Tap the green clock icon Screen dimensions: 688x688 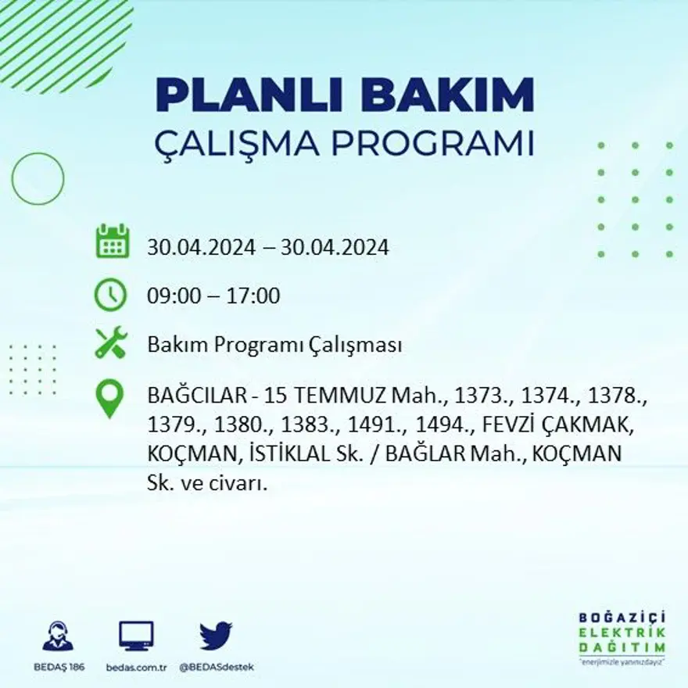pos(110,296)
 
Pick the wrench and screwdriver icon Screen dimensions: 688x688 pos(110,343)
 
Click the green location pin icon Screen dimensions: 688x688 pos(109,397)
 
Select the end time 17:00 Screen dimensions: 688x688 pos(253,296)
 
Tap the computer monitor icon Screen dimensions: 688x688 pos(136,636)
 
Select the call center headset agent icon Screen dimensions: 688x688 pos(58,636)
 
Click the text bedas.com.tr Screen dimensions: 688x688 pos(136,667)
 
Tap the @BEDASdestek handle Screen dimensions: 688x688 pos(216,667)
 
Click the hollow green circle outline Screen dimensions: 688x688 pos(38,179)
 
